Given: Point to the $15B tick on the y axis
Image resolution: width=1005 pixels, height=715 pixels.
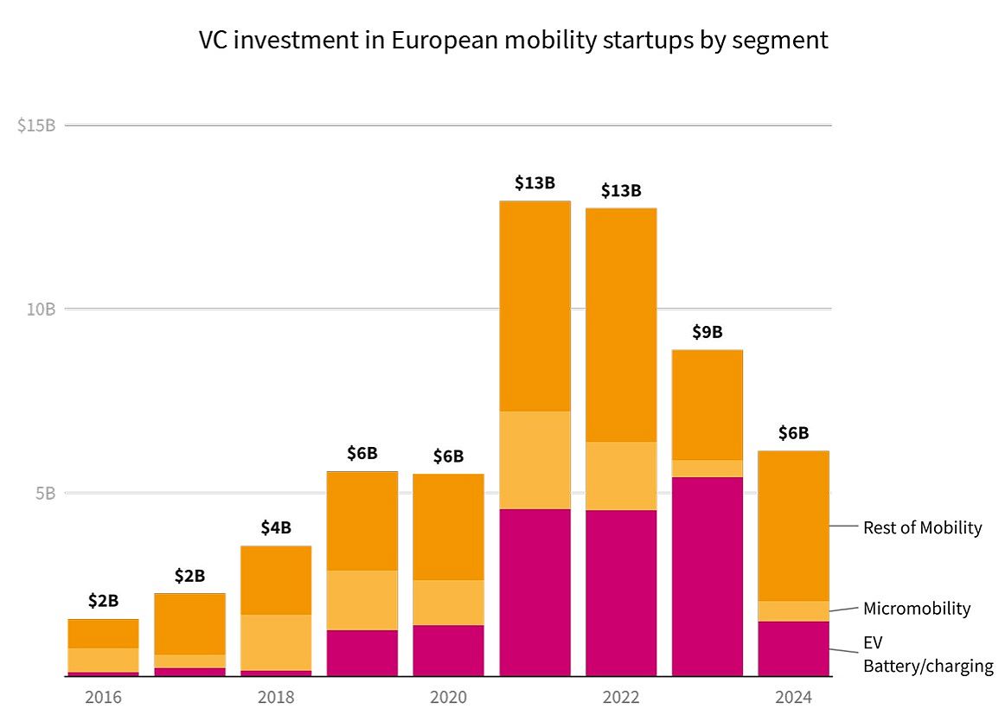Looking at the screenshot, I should [36, 125].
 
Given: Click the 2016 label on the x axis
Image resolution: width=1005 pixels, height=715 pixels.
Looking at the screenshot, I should [103, 697].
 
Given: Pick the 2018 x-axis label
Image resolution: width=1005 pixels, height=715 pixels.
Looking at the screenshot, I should [276, 697].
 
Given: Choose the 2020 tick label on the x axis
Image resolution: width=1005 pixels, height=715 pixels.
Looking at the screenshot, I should [448, 697].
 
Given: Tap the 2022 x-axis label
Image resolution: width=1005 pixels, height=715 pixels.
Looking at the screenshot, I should [621, 697].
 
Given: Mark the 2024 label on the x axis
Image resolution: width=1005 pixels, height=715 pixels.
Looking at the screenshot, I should [793, 697].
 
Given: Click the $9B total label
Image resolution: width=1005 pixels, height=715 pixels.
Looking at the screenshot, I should [707, 332].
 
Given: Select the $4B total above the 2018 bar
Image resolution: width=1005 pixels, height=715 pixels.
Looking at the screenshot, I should [276, 527].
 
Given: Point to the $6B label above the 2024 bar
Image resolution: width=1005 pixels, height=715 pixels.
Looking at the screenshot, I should [793, 433].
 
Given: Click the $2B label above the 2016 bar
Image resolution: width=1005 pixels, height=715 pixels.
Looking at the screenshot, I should [103, 601].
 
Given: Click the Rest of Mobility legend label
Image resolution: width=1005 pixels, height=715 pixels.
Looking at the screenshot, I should [922, 527].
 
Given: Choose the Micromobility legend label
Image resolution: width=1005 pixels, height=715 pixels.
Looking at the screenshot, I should [917, 609].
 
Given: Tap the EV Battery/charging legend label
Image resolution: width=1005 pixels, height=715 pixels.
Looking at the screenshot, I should [927, 654].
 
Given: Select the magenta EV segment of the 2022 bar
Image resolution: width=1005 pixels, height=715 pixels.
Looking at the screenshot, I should [621, 593].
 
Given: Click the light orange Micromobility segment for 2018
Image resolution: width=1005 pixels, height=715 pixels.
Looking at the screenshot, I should [276, 642].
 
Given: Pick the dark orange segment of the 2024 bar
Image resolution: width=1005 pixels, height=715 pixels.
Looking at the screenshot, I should [793, 526].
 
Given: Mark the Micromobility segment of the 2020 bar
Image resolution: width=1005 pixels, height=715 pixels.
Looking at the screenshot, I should [448, 603].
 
